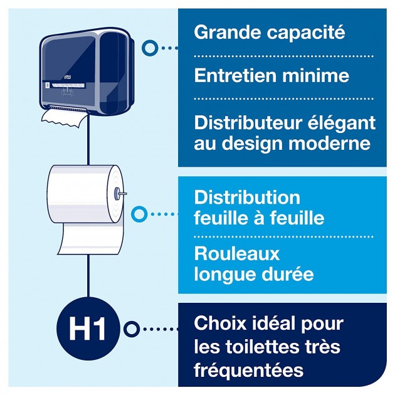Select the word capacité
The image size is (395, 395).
(x=308, y=33)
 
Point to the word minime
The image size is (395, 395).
(x=324, y=76)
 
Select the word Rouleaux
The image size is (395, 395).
(x=237, y=254)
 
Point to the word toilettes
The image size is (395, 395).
(x=263, y=347)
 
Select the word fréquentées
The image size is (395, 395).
(x=249, y=370)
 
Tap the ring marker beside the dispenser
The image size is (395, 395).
(x=150, y=48)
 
